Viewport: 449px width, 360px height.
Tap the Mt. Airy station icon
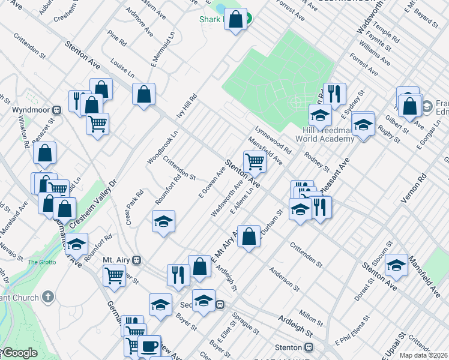[x=137, y=260]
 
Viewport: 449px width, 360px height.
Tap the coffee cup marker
[x=149, y=346]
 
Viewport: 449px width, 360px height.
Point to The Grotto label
[x=41, y=262]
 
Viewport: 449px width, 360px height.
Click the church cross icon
[x=49, y=297]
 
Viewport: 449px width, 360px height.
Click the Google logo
[x=20, y=353]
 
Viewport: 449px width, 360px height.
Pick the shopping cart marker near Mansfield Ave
[x=255, y=161]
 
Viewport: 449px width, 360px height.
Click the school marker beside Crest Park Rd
[x=163, y=221]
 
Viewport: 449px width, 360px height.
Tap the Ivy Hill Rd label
[x=185, y=107]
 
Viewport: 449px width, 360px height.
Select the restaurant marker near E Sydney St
[x=334, y=94]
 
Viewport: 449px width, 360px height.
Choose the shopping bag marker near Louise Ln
[x=144, y=94]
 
